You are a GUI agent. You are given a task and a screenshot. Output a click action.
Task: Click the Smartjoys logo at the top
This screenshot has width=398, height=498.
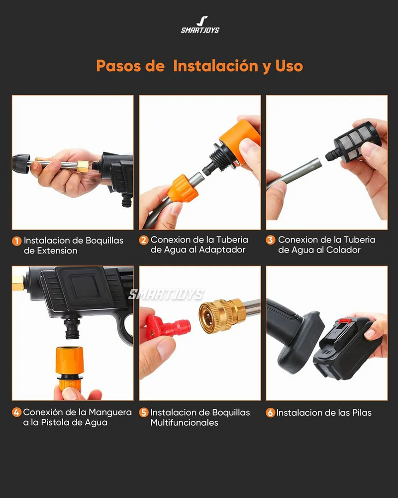pos(199,24)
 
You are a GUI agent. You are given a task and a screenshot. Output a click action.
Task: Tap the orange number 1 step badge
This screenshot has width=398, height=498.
pos(17,241)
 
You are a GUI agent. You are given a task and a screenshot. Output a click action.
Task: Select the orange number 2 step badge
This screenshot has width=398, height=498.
pos(144,240)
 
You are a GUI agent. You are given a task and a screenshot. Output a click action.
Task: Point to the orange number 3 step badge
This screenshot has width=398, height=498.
pos(271,240)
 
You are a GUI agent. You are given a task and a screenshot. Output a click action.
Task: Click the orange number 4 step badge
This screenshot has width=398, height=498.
pos(17,412)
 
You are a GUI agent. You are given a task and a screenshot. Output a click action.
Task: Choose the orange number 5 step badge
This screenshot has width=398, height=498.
pos(144,412)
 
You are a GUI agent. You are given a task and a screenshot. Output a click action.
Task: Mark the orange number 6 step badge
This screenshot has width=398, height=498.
pos(271,412)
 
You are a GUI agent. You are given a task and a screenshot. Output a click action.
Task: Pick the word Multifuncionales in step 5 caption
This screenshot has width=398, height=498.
pos(184,422)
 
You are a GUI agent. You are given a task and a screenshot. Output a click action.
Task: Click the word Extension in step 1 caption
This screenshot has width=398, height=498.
pos(57,251)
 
